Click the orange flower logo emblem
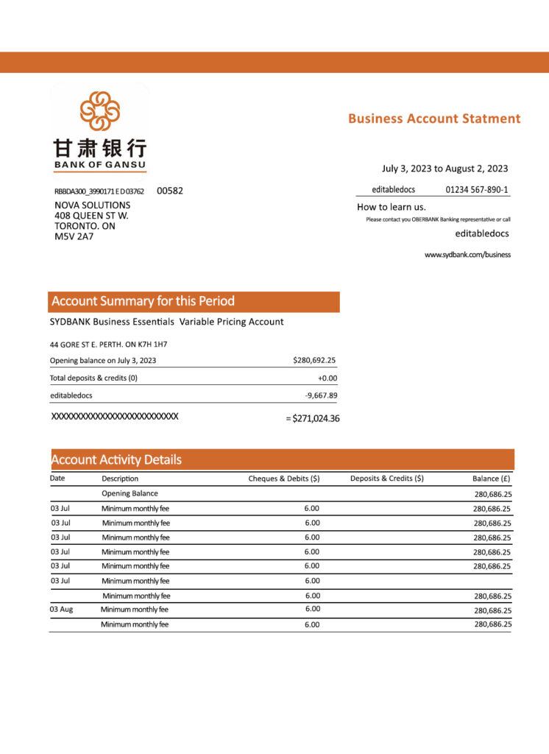click(x=99, y=111)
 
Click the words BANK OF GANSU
click(x=99, y=164)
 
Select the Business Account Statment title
click(x=434, y=119)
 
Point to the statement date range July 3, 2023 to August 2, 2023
click(x=444, y=169)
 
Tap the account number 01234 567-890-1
click(x=477, y=190)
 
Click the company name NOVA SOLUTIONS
click(x=93, y=205)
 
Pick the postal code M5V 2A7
click(x=74, y=237)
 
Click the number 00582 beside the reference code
click(x=170, y=191)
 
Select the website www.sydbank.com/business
click(x=467, y=255)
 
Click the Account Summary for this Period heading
click(x=144, y=301)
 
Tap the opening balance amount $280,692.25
click(x=314, y=361)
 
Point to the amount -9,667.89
click(x=321, y=395)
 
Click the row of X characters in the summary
click(x=114, y=417)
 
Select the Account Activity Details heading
click(x=116, y=460)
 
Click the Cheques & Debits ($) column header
click(x=283, y=479)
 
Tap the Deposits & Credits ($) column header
click(x=386, y=479)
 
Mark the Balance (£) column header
click(x=492, y=479)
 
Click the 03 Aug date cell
click(x=61, y=610)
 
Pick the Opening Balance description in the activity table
click(x=130, y=493)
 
